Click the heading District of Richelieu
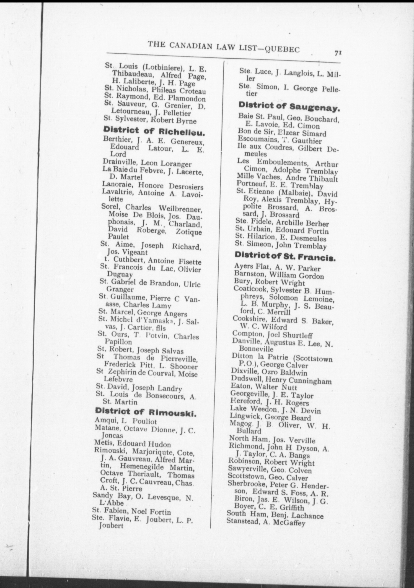click(154, 132)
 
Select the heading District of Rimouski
click(146, 412)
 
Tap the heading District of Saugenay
click(289, 106)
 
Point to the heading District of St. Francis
click(285, 257)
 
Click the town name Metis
click(104, 444)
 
